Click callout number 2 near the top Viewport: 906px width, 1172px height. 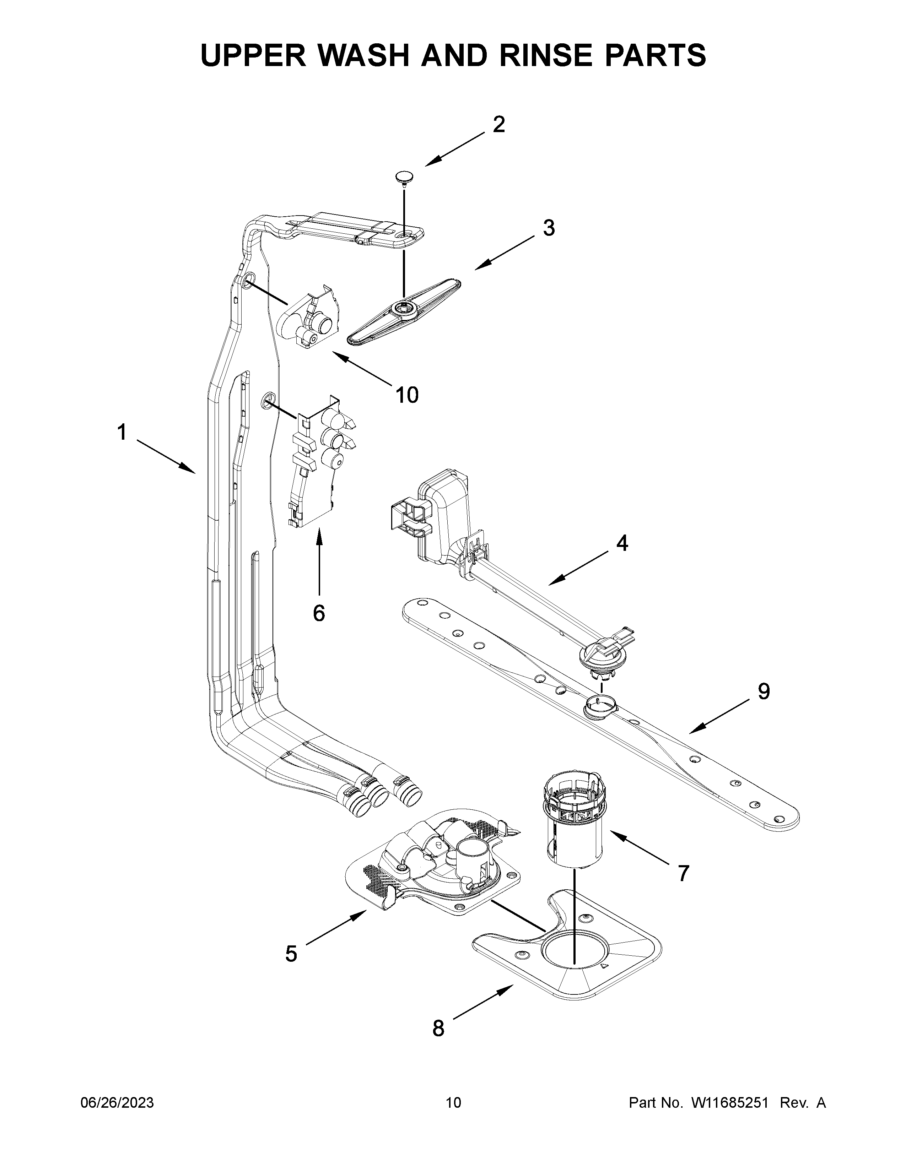pyautogui.click(x=498, y=125)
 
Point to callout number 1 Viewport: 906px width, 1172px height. pyautogui.click(x=122, y=432)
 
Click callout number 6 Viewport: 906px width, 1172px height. pyautogui.click(x=319, y=613)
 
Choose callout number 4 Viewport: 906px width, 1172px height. pyautogui.click(x=621, y=544)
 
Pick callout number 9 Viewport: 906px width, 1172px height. pyautogui.click(x=763, y=692)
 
